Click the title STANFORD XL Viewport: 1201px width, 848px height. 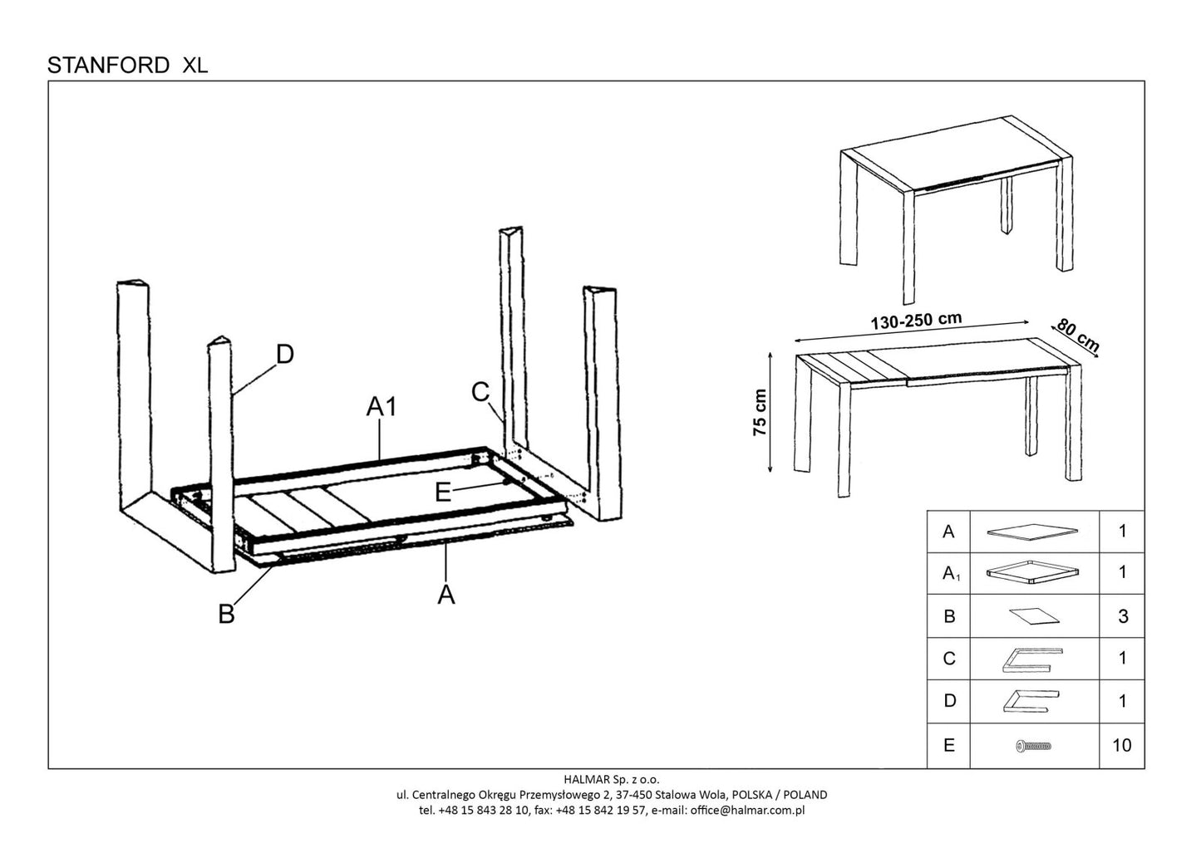(127, 66)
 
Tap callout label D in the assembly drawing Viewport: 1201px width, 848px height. (284, 355)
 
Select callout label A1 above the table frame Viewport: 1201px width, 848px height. (383, 407)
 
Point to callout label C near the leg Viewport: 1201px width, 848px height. (480, 391)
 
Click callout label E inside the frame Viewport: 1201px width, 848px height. (443, 493)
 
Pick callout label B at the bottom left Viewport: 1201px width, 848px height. (226, 615)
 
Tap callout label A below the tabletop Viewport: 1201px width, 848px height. (446, 595)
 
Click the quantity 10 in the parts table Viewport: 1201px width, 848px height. (1121, 745)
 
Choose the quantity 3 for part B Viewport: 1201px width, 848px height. (1123, 616)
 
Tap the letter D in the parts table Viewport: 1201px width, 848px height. (950, 702)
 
